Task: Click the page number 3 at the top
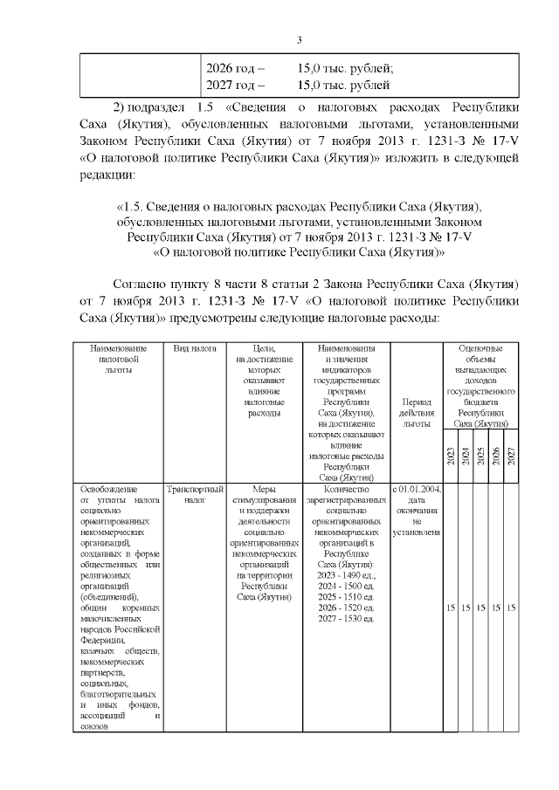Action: coord(299,40)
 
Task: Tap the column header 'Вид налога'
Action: coord(195,348)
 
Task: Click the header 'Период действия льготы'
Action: coord(416,413)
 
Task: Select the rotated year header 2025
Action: coord(480,457)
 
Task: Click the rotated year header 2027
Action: coord(511,457)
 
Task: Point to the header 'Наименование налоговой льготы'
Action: coord(115,359)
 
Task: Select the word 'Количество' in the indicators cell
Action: coord(346,489)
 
